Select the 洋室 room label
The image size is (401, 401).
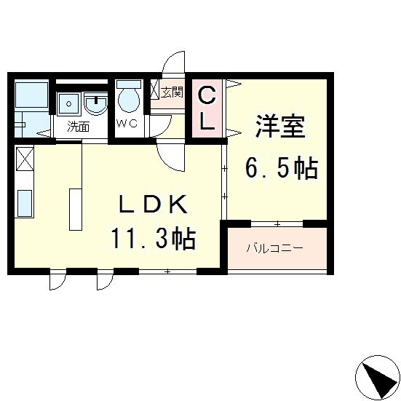click(x=279, y=127)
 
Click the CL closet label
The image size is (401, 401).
click(x=207, y=108)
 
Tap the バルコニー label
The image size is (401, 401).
click(x=274, y=248)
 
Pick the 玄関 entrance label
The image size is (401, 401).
click(x=172, y=92)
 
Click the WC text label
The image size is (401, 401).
click(x=127, y=123)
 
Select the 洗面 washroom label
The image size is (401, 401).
click(x=78, y=126)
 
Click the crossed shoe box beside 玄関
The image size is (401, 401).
click(x=155, y=90)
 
